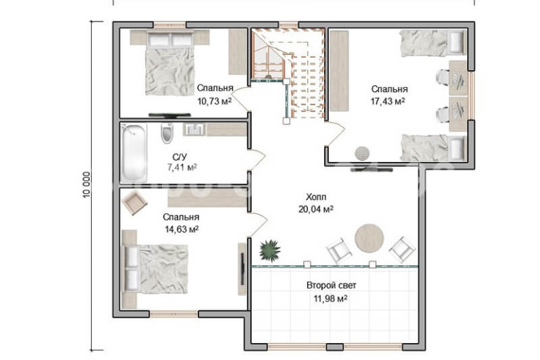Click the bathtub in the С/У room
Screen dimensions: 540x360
point(134,152)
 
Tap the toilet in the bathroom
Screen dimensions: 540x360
point(167,133)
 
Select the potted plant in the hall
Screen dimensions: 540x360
point(270,251)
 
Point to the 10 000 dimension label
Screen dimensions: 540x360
point(86,185)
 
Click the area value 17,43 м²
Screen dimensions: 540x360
point(387,101)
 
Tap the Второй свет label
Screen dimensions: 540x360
point(331,285)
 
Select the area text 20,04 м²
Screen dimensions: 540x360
point(316,209)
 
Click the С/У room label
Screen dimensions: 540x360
point(180,157)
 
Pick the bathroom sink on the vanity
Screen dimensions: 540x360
point(195,130)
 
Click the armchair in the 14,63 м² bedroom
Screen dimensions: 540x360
point(135,203)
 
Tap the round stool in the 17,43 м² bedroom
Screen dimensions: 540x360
point(362,153)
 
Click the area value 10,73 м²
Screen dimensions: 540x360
point(214,101)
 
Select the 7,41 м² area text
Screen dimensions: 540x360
point(182,168)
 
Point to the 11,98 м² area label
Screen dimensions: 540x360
point(330,298)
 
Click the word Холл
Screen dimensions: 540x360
point(316,197)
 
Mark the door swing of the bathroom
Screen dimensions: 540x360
point(258,159)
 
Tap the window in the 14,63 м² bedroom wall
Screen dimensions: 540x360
point(174,314)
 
